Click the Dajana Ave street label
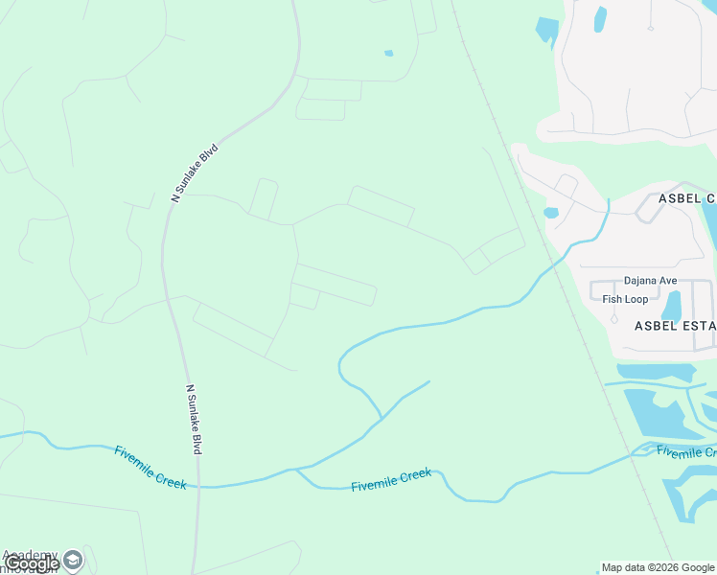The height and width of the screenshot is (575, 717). click(x=651, y=281)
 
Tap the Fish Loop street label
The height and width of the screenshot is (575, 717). click(x=625, y=299)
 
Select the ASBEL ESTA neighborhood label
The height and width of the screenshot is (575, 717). click(x=675, y=326)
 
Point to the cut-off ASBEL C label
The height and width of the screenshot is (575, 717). click(x=686, y=197)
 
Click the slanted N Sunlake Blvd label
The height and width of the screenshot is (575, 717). click(x=195, y=172)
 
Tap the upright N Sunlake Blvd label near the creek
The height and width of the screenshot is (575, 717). click(x=195, y=419)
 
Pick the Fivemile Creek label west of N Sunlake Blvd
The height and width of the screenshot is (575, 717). click(x=150, y=467)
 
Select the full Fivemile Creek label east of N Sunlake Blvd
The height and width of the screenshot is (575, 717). click(x=391, y=479)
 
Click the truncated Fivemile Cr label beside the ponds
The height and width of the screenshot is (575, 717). click(x=685, y=451)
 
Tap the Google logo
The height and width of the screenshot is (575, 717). click(x=32, y=563)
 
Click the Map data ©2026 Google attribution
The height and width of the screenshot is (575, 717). click(x=659, y=567)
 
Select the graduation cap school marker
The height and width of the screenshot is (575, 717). click(x=73, y=559)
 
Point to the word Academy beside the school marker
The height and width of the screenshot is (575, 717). click(x=31, y=555)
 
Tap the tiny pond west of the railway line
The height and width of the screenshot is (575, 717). click(x=388, y=53)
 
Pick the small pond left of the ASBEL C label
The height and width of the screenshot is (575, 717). click(x=551, y=213)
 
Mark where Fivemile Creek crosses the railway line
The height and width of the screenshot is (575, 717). click(x=636, y=455)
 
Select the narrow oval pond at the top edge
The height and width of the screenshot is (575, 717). click(x=600, y=19)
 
